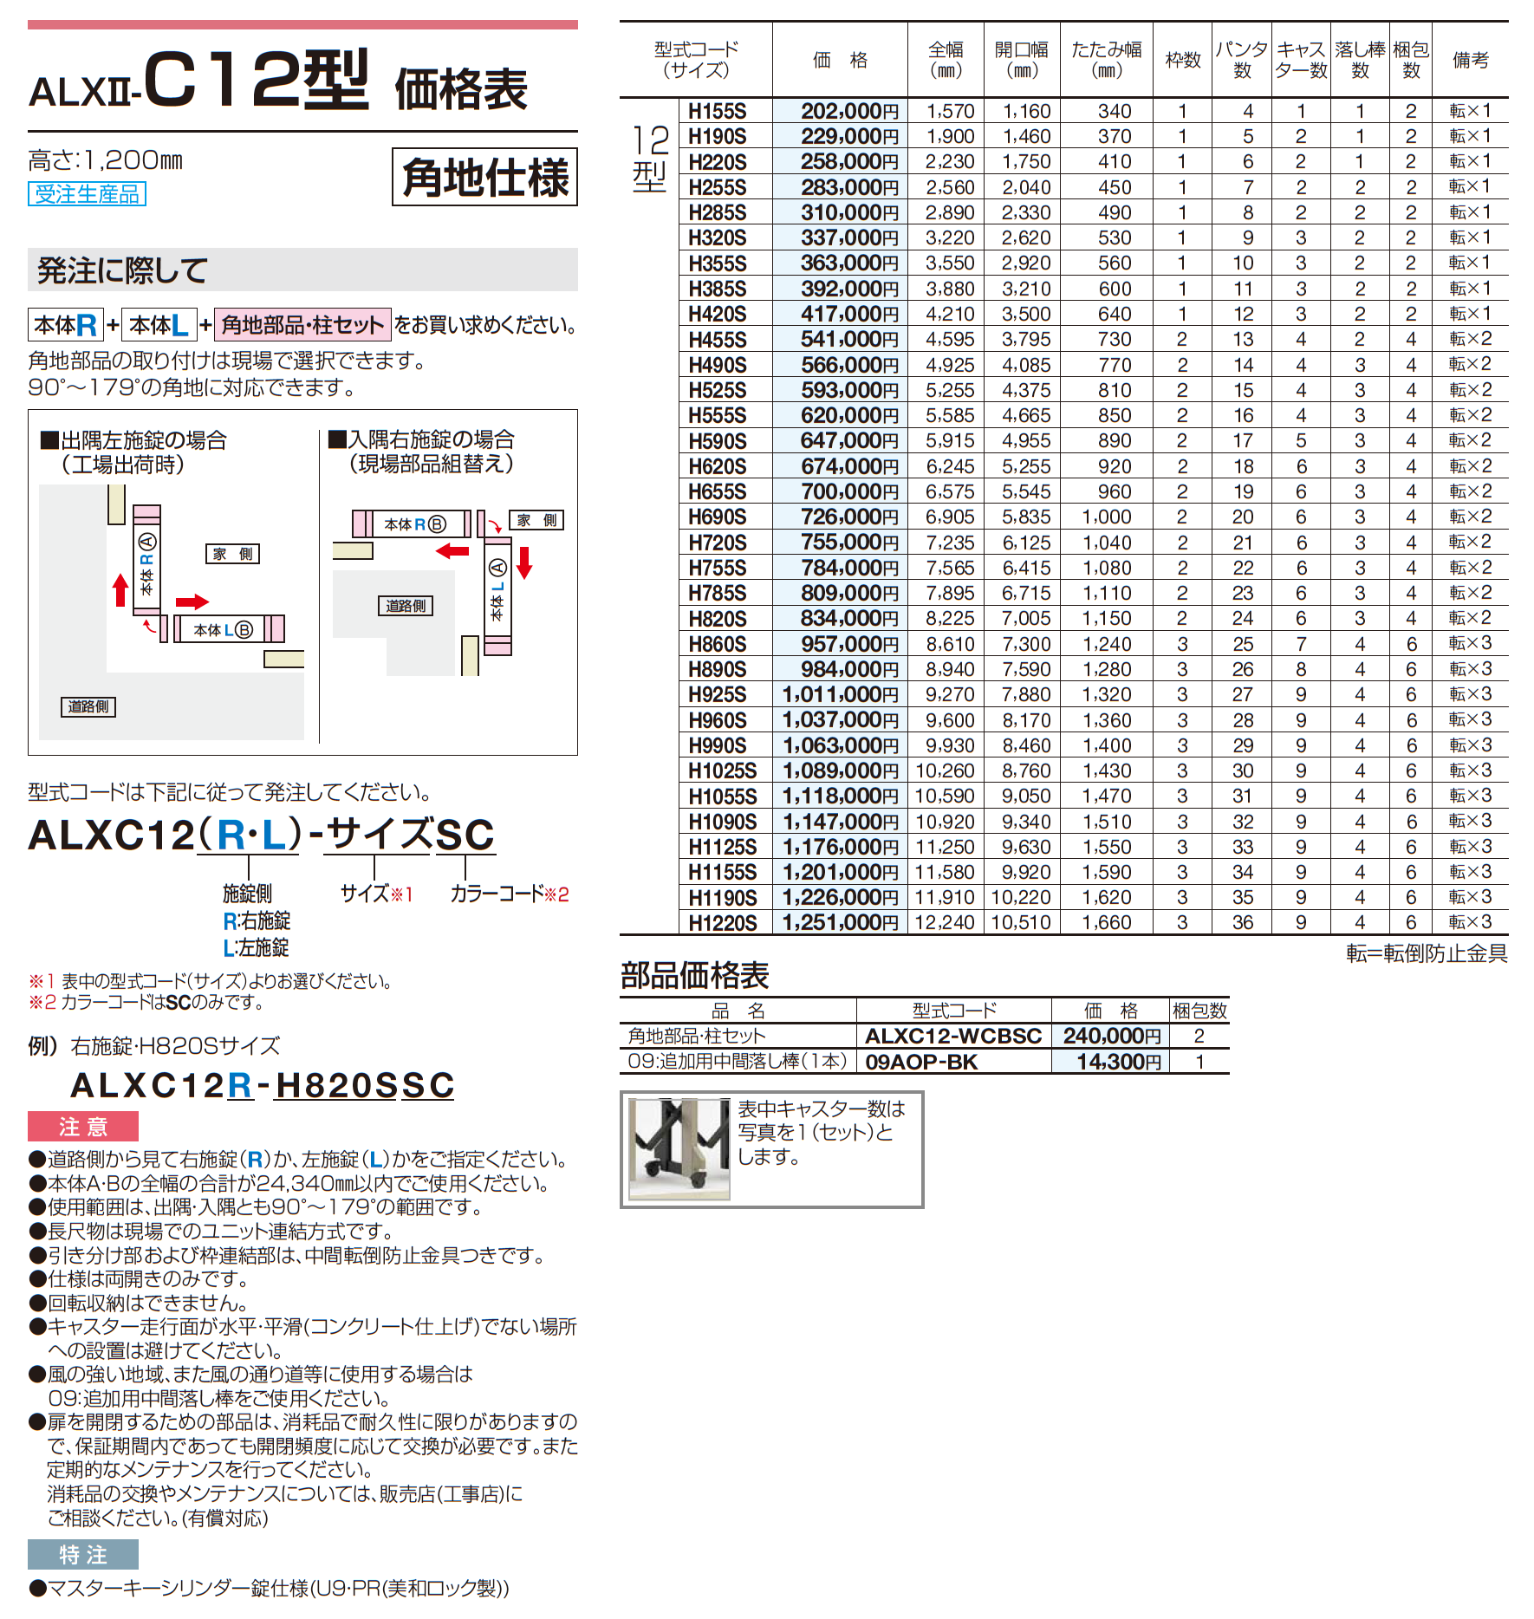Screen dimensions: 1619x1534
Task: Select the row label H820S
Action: [x=717, y=619]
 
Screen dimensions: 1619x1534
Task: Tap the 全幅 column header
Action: [x=945, y=60]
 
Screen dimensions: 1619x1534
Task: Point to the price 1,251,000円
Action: [x=840, y=923]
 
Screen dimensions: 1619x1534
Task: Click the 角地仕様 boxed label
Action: [x=484, y=178]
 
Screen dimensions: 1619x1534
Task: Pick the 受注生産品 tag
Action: [x=87, y=194]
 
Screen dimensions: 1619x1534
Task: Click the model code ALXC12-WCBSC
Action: [x=952, y=1037]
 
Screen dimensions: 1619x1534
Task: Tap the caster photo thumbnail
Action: [x=679, y=1149]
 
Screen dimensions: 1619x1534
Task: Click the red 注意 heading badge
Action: [x=83, y=1127]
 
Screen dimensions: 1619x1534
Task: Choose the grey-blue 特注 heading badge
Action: [x=83, y=1555]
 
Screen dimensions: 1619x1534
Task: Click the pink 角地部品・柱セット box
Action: [x=302, y=325]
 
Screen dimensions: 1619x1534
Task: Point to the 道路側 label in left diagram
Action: [x=88, y=706]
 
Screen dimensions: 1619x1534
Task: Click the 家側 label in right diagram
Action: [x=536, y=520]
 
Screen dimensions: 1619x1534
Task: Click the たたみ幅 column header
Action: [x=1106, y=60]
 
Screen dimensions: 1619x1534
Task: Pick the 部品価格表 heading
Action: [x=694, y=976]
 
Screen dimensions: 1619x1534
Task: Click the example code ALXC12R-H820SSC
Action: [x=262, y=1085]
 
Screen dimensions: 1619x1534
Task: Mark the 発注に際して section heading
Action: [x=122, y=270]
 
